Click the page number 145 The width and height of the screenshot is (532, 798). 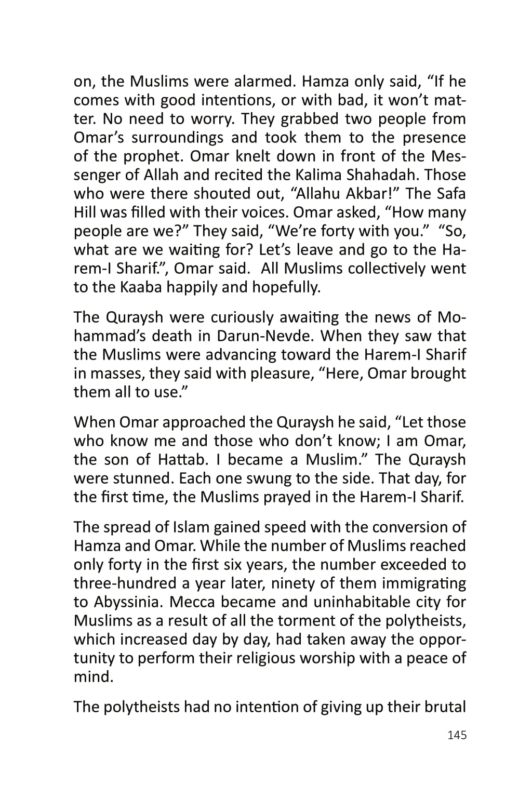[x=456, y=735]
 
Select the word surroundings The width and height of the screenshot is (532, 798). [x=180, y=138]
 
